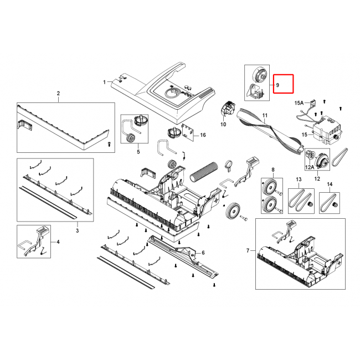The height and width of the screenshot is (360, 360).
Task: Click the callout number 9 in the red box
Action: pyautogui.click(x=277, y=85)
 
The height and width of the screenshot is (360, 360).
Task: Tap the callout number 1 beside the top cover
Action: pyautogui.click(x=105, y=82)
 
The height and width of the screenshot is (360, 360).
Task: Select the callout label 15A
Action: pyautogui.click(x=299, y=103)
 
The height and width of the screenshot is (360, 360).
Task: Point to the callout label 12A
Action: pyautogui.click(x=309, y=167)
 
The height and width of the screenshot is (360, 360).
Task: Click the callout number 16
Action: pyautogui.click(x=203, y=135)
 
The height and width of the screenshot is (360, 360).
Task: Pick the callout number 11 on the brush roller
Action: pyautogui.click(x=265, y=115)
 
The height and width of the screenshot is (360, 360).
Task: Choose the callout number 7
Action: pyautogui.click(x=248, y=250)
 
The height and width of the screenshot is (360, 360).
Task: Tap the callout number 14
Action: pyautogui.click(x=330, y=184)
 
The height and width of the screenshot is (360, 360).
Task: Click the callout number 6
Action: pyautogui.click(x=203, y=253)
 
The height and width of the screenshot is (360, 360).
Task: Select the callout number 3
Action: pyautogui.click(x=78, y=230)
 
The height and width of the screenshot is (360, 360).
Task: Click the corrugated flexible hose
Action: pyautogui.click(x=203, y=171)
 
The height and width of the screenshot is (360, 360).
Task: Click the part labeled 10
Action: pyautogui.click(x=228, y=109)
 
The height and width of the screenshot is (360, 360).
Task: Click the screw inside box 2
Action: pyautogui.click(x=109, y=144)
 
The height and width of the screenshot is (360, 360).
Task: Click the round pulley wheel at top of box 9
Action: pyautogui.click(x=259, y=74)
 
